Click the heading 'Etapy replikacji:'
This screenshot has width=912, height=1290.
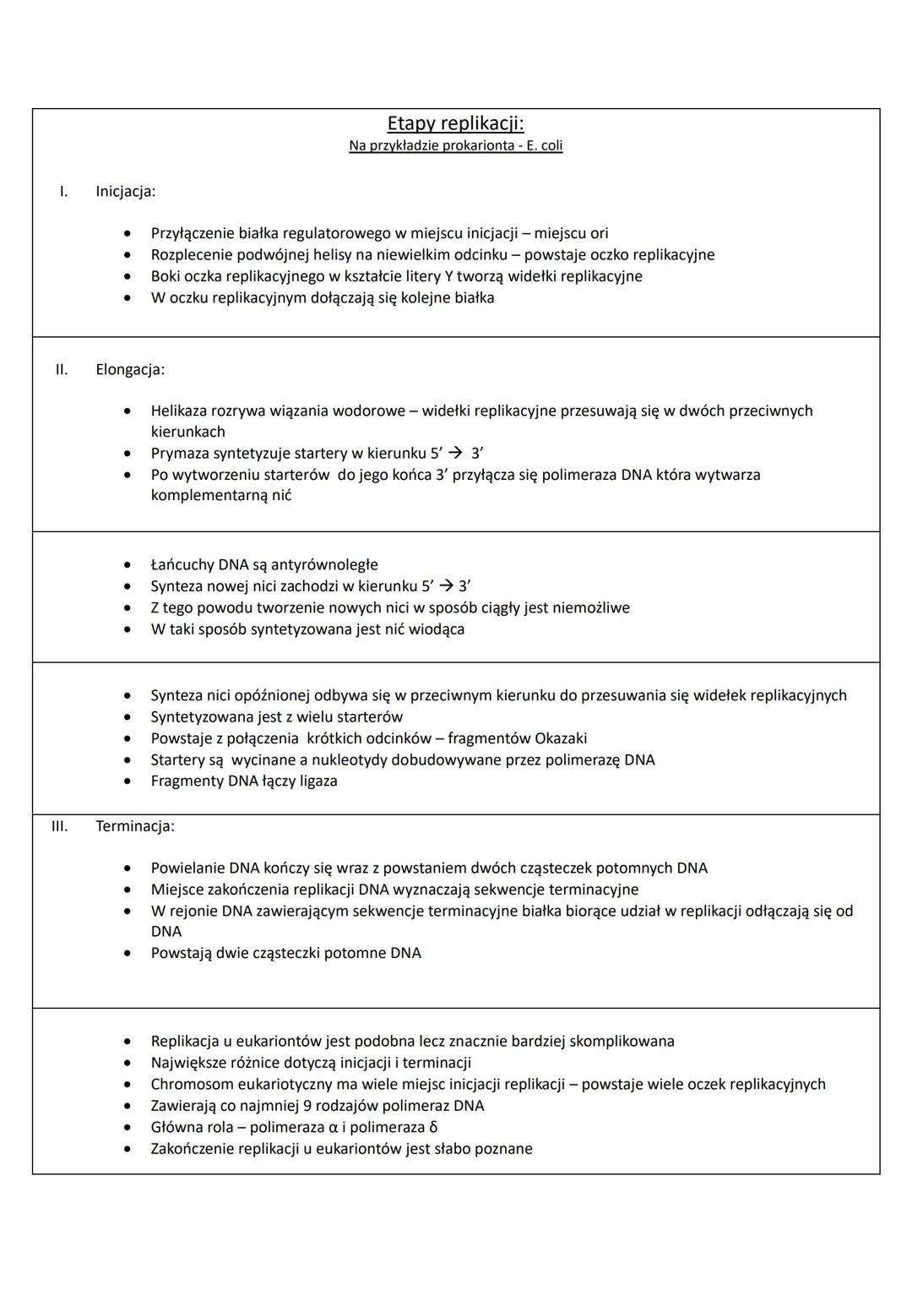coord(455,123)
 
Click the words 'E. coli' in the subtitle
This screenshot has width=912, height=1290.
coord(545,146)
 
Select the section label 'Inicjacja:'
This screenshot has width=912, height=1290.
coord(125,192)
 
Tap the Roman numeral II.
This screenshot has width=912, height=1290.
coord(62,369)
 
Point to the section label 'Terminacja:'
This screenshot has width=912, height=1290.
coord(134,826)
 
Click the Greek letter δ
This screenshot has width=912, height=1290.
coord(433,1128)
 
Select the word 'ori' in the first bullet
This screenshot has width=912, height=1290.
coord(599,234)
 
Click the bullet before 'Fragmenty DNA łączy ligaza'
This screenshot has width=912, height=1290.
coord(128,781)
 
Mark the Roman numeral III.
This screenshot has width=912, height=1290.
coord(59,826)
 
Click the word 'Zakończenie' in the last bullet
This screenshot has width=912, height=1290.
coord(193,1149)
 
